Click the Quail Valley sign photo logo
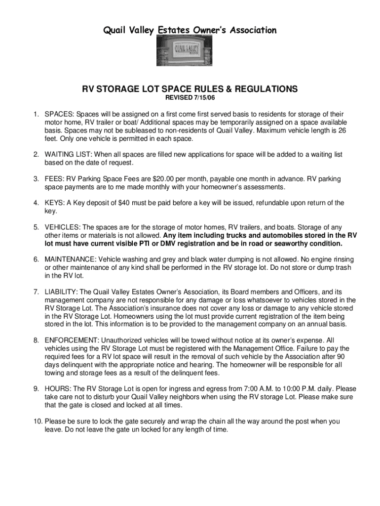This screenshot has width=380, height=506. click(x=189, y=52)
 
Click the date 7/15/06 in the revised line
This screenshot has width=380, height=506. click(x=207, y=99)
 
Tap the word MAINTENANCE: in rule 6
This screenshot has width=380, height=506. click(x=71, y=259)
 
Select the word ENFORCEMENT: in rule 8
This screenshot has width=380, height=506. click(x=72, y=340)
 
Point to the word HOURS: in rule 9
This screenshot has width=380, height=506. click(x=57, y=389)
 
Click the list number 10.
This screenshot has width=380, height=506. click(x=38, y=422)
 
